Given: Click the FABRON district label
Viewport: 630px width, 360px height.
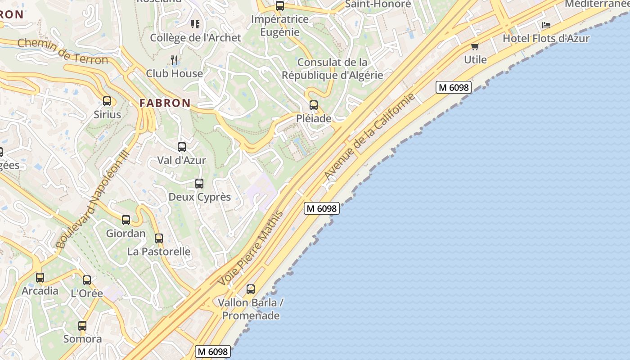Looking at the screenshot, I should [x=165, y=103].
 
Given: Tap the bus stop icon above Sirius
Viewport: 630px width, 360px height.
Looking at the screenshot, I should [x=107, y=101].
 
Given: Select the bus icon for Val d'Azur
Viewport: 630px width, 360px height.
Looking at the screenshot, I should [x=182, y=147].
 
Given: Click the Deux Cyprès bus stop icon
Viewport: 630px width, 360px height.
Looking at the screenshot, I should [x=199, y=184].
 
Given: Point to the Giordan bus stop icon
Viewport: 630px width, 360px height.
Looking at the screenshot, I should [x=126, y=220].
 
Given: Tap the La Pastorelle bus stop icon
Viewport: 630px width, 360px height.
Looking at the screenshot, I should [x=159, y=238].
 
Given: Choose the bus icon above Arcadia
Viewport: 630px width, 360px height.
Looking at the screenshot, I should [x=40, y=278].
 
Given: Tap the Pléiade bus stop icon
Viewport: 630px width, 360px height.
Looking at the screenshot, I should [x=314, y=105].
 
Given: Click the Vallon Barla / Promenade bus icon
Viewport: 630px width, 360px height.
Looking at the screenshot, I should [x=251, y=289].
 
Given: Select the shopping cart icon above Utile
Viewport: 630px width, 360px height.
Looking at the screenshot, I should [x=475, y=46].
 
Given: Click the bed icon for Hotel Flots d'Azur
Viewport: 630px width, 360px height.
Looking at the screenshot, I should [x=546, y=25].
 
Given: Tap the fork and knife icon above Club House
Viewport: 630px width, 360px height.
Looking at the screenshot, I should [x=175, y=60].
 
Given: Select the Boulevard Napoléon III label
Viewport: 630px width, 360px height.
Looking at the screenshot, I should [x=93, y=199].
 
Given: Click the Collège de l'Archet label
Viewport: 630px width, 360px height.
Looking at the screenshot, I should [x=196, y=38].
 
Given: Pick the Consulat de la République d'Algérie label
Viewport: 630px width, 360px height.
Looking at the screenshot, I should [x=333, y=68].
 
